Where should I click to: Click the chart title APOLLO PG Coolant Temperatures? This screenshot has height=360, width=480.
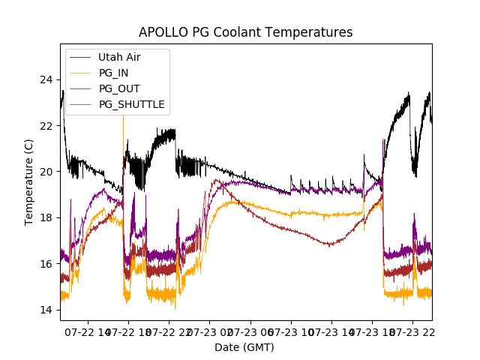(x=245, y=32)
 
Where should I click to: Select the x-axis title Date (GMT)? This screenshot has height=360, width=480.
(x=244, y=347)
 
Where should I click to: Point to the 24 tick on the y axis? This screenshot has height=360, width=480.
(x=46, y=79)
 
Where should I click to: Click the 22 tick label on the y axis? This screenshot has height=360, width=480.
(x=46, y=125)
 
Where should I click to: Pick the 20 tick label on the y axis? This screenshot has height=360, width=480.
(x=46, y=172)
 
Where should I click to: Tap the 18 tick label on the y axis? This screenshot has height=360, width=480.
(x=46, y=217)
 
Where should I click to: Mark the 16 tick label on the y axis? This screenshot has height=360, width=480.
(x=46, y=264)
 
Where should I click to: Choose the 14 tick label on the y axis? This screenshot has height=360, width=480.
(x=46, y=310)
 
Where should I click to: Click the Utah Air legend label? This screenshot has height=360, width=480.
(x=119, y=57)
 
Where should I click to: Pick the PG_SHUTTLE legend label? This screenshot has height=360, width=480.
(x=132, y=104)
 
